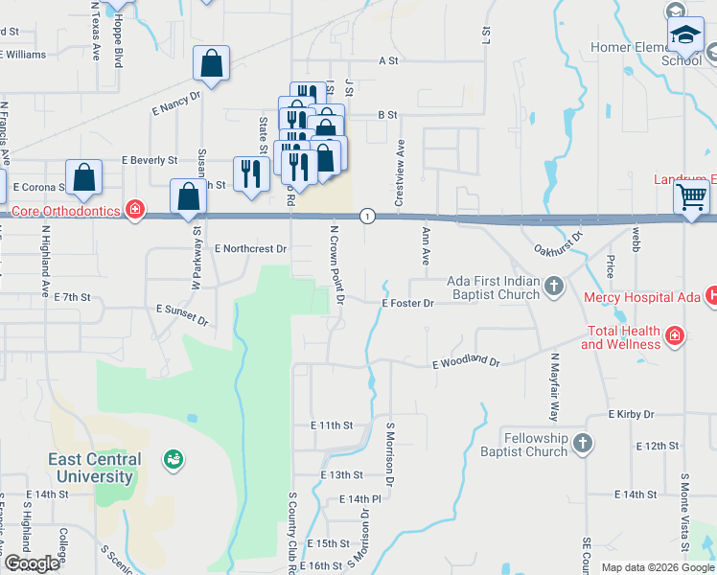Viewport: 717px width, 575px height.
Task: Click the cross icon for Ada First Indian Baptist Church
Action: pos(554,286)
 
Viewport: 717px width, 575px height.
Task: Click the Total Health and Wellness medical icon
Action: pos(675,335)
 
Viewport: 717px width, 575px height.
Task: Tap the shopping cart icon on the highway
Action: pos(691,198)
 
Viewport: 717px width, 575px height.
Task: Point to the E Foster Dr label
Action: pos(408,304)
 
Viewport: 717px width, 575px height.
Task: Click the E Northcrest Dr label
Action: pos(251,248)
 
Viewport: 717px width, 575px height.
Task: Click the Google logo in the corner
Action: pos(31,563)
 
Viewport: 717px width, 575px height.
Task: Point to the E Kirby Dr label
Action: pos(631,415)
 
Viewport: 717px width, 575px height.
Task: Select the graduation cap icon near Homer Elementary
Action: pos(685,36)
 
